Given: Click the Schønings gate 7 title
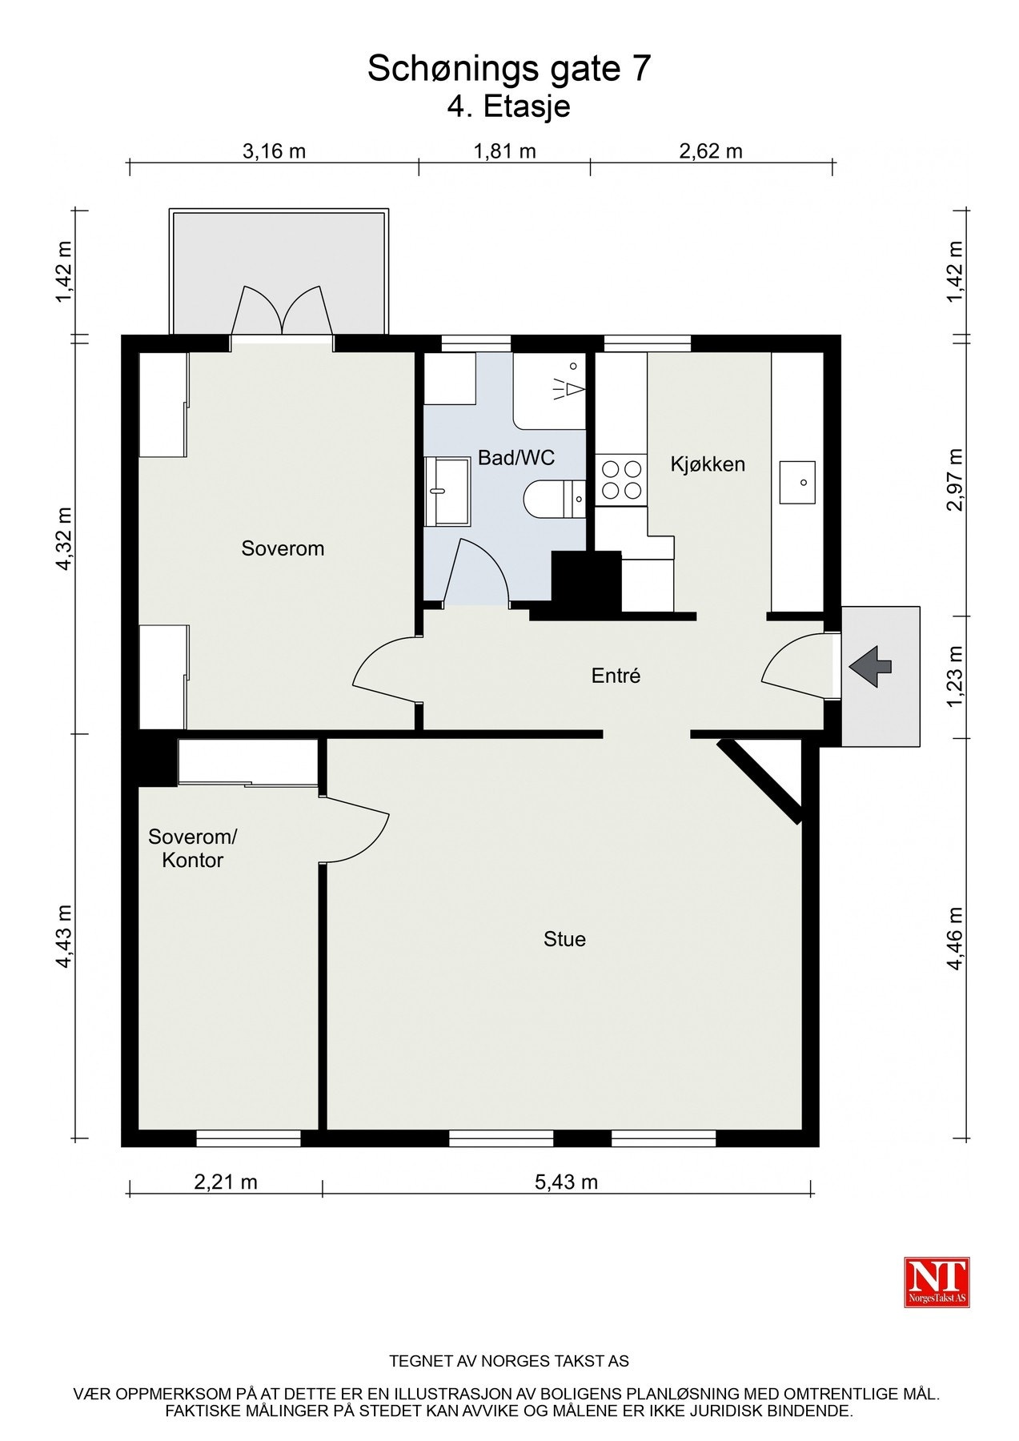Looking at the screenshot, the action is click(x=509, y=70).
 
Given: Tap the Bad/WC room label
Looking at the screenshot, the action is click(x=516, y=458).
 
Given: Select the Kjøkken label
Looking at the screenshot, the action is click(x=708, y=464).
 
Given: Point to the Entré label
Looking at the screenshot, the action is click(x=616, y=676).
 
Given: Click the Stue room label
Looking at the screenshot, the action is click(x=564, y=939).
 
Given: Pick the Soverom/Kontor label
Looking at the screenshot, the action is click(x=193, y=849).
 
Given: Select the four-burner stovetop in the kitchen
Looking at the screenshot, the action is click(x=620, y=480).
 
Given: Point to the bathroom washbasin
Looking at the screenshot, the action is click(x=447, y=491).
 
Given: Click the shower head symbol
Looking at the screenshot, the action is click(x=568, y=387).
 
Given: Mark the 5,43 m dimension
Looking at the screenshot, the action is click(x=566, y=1182).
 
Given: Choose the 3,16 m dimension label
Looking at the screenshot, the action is click(x=274, y=151).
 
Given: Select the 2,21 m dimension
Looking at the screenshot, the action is click(x=226, y=1182).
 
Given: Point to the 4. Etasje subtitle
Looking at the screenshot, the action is click(x=509, y=106).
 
